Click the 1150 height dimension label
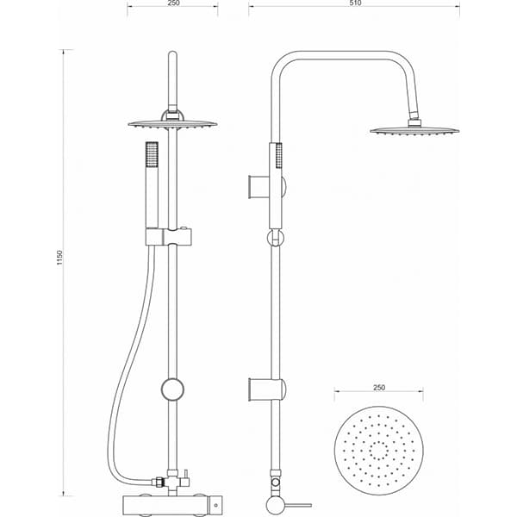pos(59,258)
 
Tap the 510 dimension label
pos(355,3)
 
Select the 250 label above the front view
pos(173,3)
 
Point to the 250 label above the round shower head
pos(379,388)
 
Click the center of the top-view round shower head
pos(379,451)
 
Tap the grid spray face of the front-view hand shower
pos(152,154)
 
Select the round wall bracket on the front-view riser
pos(172,389)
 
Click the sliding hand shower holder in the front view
pos(169,237)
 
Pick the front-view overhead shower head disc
pos(172,124)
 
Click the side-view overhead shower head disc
pos(414,131)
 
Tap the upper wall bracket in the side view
pos(267,187)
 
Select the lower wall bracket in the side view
pos(267,389)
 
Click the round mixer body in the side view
pos(276,505)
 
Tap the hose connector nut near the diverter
pos(158,482)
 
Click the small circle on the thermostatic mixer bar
pos(216,505)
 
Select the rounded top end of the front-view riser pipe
pos(172,54)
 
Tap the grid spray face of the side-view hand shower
pos(279,155)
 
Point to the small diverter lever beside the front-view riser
pos(186,478)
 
